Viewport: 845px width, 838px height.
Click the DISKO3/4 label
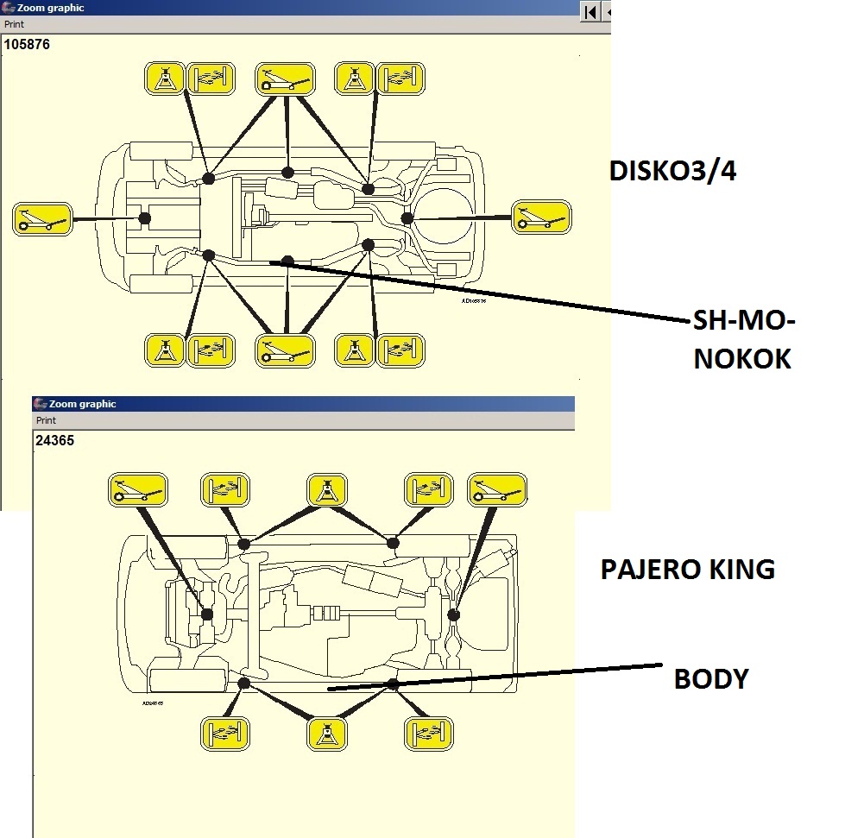(672, 171)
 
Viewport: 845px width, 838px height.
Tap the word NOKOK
(741, 359)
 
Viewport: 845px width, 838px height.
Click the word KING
(742, 570)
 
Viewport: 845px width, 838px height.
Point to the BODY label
(710, 679)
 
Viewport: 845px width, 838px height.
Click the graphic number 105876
(27, 44)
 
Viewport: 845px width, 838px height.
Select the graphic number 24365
(54, 439)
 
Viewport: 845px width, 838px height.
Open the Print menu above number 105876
(15, 24)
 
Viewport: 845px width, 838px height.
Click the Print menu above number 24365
(46, 420)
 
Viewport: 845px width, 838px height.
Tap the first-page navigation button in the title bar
(590, 11)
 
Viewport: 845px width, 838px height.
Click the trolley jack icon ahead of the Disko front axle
(42, 218)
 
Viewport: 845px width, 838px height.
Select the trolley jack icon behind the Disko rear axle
(541, 217)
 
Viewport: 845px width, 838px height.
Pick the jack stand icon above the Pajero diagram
(328, 490)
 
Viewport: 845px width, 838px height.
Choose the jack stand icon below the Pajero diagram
(328, 734)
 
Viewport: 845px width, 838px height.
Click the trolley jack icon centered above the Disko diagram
(285, 79)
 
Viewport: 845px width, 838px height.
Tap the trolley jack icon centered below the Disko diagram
(285, 351)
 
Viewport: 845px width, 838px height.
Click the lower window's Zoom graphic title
(82, 404)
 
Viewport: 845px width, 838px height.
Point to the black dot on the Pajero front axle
(207, 614)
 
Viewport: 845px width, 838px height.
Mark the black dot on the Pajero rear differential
(453, 614)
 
